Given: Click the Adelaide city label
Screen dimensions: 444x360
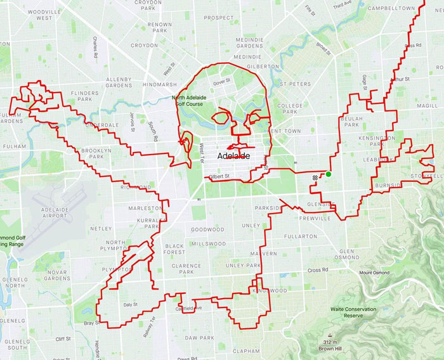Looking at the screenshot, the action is click(233, 155).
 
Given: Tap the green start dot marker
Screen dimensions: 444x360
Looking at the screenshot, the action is click(329, 174).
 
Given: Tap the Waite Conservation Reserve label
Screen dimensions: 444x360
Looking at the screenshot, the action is click(353, 312).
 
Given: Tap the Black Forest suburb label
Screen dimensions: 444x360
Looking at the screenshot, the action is click(174, 249).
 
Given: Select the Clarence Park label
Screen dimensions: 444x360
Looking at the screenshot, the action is click(186, 269).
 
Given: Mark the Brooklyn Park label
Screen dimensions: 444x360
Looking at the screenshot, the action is click(96, 153).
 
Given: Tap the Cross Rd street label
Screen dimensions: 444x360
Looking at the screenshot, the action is click(318, 270).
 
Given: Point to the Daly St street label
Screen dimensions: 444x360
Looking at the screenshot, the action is click(130, 305).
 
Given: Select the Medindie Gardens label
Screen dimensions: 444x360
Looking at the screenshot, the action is click(249, 42).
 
